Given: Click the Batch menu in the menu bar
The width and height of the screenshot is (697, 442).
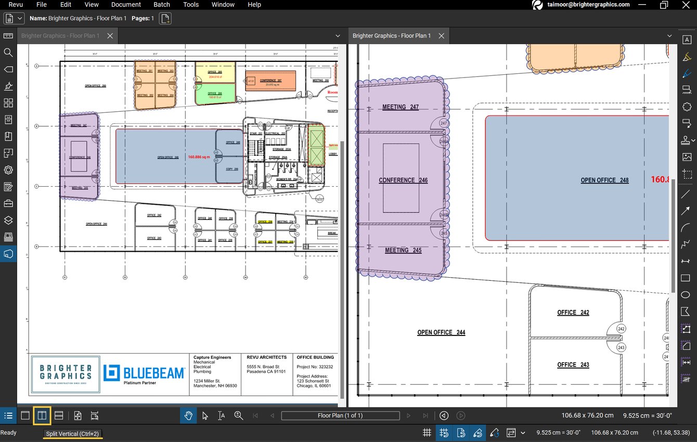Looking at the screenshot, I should (162, 5).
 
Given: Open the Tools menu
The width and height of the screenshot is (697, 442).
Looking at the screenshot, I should (191, 5).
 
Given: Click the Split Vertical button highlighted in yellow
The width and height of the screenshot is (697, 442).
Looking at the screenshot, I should (42, 415).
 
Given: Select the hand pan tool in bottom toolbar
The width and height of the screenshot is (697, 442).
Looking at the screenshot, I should (188, 415).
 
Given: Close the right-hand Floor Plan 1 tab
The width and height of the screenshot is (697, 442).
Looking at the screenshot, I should (441, 36).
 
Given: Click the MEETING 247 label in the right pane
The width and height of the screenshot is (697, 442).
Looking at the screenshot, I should (400, 107).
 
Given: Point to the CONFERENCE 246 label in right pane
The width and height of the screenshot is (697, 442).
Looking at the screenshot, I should (403, 180).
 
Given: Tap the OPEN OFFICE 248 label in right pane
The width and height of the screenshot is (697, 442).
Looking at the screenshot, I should (604, 180).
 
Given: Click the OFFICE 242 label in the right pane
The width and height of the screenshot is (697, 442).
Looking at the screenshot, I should (573, 313).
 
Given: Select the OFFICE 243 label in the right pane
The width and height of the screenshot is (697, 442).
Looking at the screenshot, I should (573, 365).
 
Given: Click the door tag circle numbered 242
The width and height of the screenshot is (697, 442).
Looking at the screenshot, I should (621, 329).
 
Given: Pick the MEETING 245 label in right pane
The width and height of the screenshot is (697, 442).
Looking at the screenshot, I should (403, 250).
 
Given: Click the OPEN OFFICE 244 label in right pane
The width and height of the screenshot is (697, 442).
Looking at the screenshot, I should (441, 332).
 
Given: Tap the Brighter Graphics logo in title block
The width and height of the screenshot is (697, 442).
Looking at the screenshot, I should (65, 374).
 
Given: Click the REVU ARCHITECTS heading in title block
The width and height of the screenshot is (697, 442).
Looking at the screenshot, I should (266, 357).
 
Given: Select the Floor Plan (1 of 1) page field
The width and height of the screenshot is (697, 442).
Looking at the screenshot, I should (340, 415).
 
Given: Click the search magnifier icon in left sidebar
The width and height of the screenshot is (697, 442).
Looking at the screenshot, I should (8, 53).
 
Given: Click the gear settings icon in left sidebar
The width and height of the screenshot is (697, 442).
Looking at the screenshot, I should (8, 170).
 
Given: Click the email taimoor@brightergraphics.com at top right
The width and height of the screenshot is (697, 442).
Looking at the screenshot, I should (588, 5).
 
